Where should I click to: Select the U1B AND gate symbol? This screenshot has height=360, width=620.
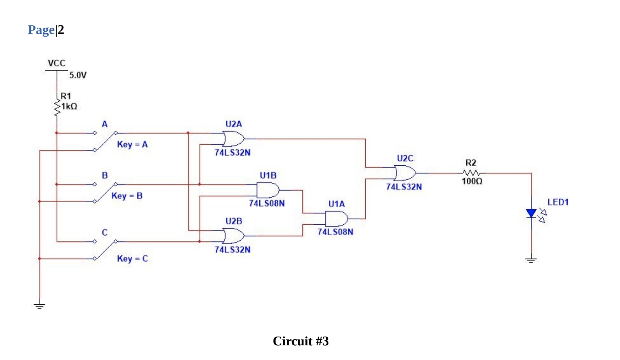[268, 190]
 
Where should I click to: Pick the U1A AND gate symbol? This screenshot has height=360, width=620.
[336, 219]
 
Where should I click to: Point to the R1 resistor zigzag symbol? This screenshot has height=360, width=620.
[57, 107]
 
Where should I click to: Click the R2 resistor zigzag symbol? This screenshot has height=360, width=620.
[472, 173]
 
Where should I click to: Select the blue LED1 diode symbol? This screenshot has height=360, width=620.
[531, 213]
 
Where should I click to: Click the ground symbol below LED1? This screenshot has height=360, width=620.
[531, 260]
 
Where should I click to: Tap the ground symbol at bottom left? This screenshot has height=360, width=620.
[39, 306]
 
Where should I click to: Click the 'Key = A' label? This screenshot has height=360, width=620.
[132, 144]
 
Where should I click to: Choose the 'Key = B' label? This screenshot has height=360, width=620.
[127, 196]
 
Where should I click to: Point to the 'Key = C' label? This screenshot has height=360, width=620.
[132, 259]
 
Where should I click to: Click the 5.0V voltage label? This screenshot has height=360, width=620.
[78, 75]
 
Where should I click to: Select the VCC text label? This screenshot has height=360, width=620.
[57, 63]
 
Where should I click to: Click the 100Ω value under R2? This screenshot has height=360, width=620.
[472, 181]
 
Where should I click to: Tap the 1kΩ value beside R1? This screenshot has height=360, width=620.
[69, 106]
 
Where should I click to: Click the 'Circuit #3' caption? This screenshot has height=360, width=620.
[301, 341]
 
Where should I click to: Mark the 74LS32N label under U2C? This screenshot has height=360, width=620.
[404, 187]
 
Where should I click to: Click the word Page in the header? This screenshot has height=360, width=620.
[41, 30]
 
